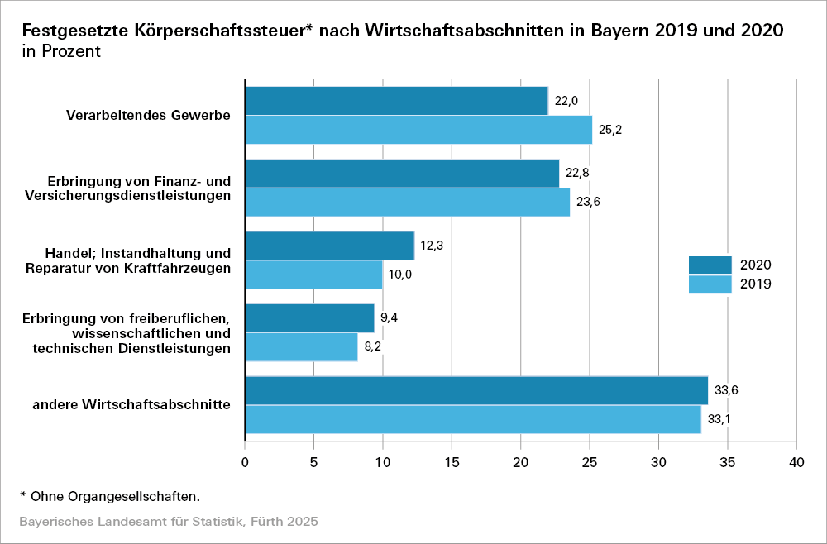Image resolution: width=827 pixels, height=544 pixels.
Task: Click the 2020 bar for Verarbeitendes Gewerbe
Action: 396,101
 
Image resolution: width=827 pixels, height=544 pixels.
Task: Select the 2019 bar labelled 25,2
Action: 418,130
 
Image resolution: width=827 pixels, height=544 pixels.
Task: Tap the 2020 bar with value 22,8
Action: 402,174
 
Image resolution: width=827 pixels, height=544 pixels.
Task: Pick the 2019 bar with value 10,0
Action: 314,274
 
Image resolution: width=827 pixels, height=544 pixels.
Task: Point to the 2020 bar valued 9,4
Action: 310,318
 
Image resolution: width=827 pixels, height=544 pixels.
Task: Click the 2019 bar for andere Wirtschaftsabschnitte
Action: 473,419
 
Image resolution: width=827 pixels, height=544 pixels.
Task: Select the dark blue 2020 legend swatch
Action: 710,265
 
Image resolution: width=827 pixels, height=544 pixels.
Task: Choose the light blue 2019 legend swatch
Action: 710,284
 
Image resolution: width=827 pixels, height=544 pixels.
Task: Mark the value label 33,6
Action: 726,391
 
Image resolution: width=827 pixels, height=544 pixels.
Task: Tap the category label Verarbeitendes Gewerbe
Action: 148,115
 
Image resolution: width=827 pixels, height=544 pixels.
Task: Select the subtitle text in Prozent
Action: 61,51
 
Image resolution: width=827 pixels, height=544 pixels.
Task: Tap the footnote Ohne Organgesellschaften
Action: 115,496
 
